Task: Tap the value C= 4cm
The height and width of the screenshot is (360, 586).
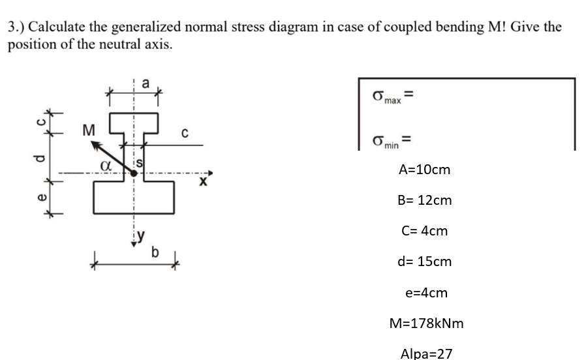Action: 425,231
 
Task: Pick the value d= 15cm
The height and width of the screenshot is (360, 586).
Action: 425,262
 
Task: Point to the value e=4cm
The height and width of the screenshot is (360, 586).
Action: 426,292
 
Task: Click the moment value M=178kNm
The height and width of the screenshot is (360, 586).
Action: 425,323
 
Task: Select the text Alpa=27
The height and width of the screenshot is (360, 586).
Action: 425,353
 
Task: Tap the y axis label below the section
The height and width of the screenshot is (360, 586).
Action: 140,237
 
